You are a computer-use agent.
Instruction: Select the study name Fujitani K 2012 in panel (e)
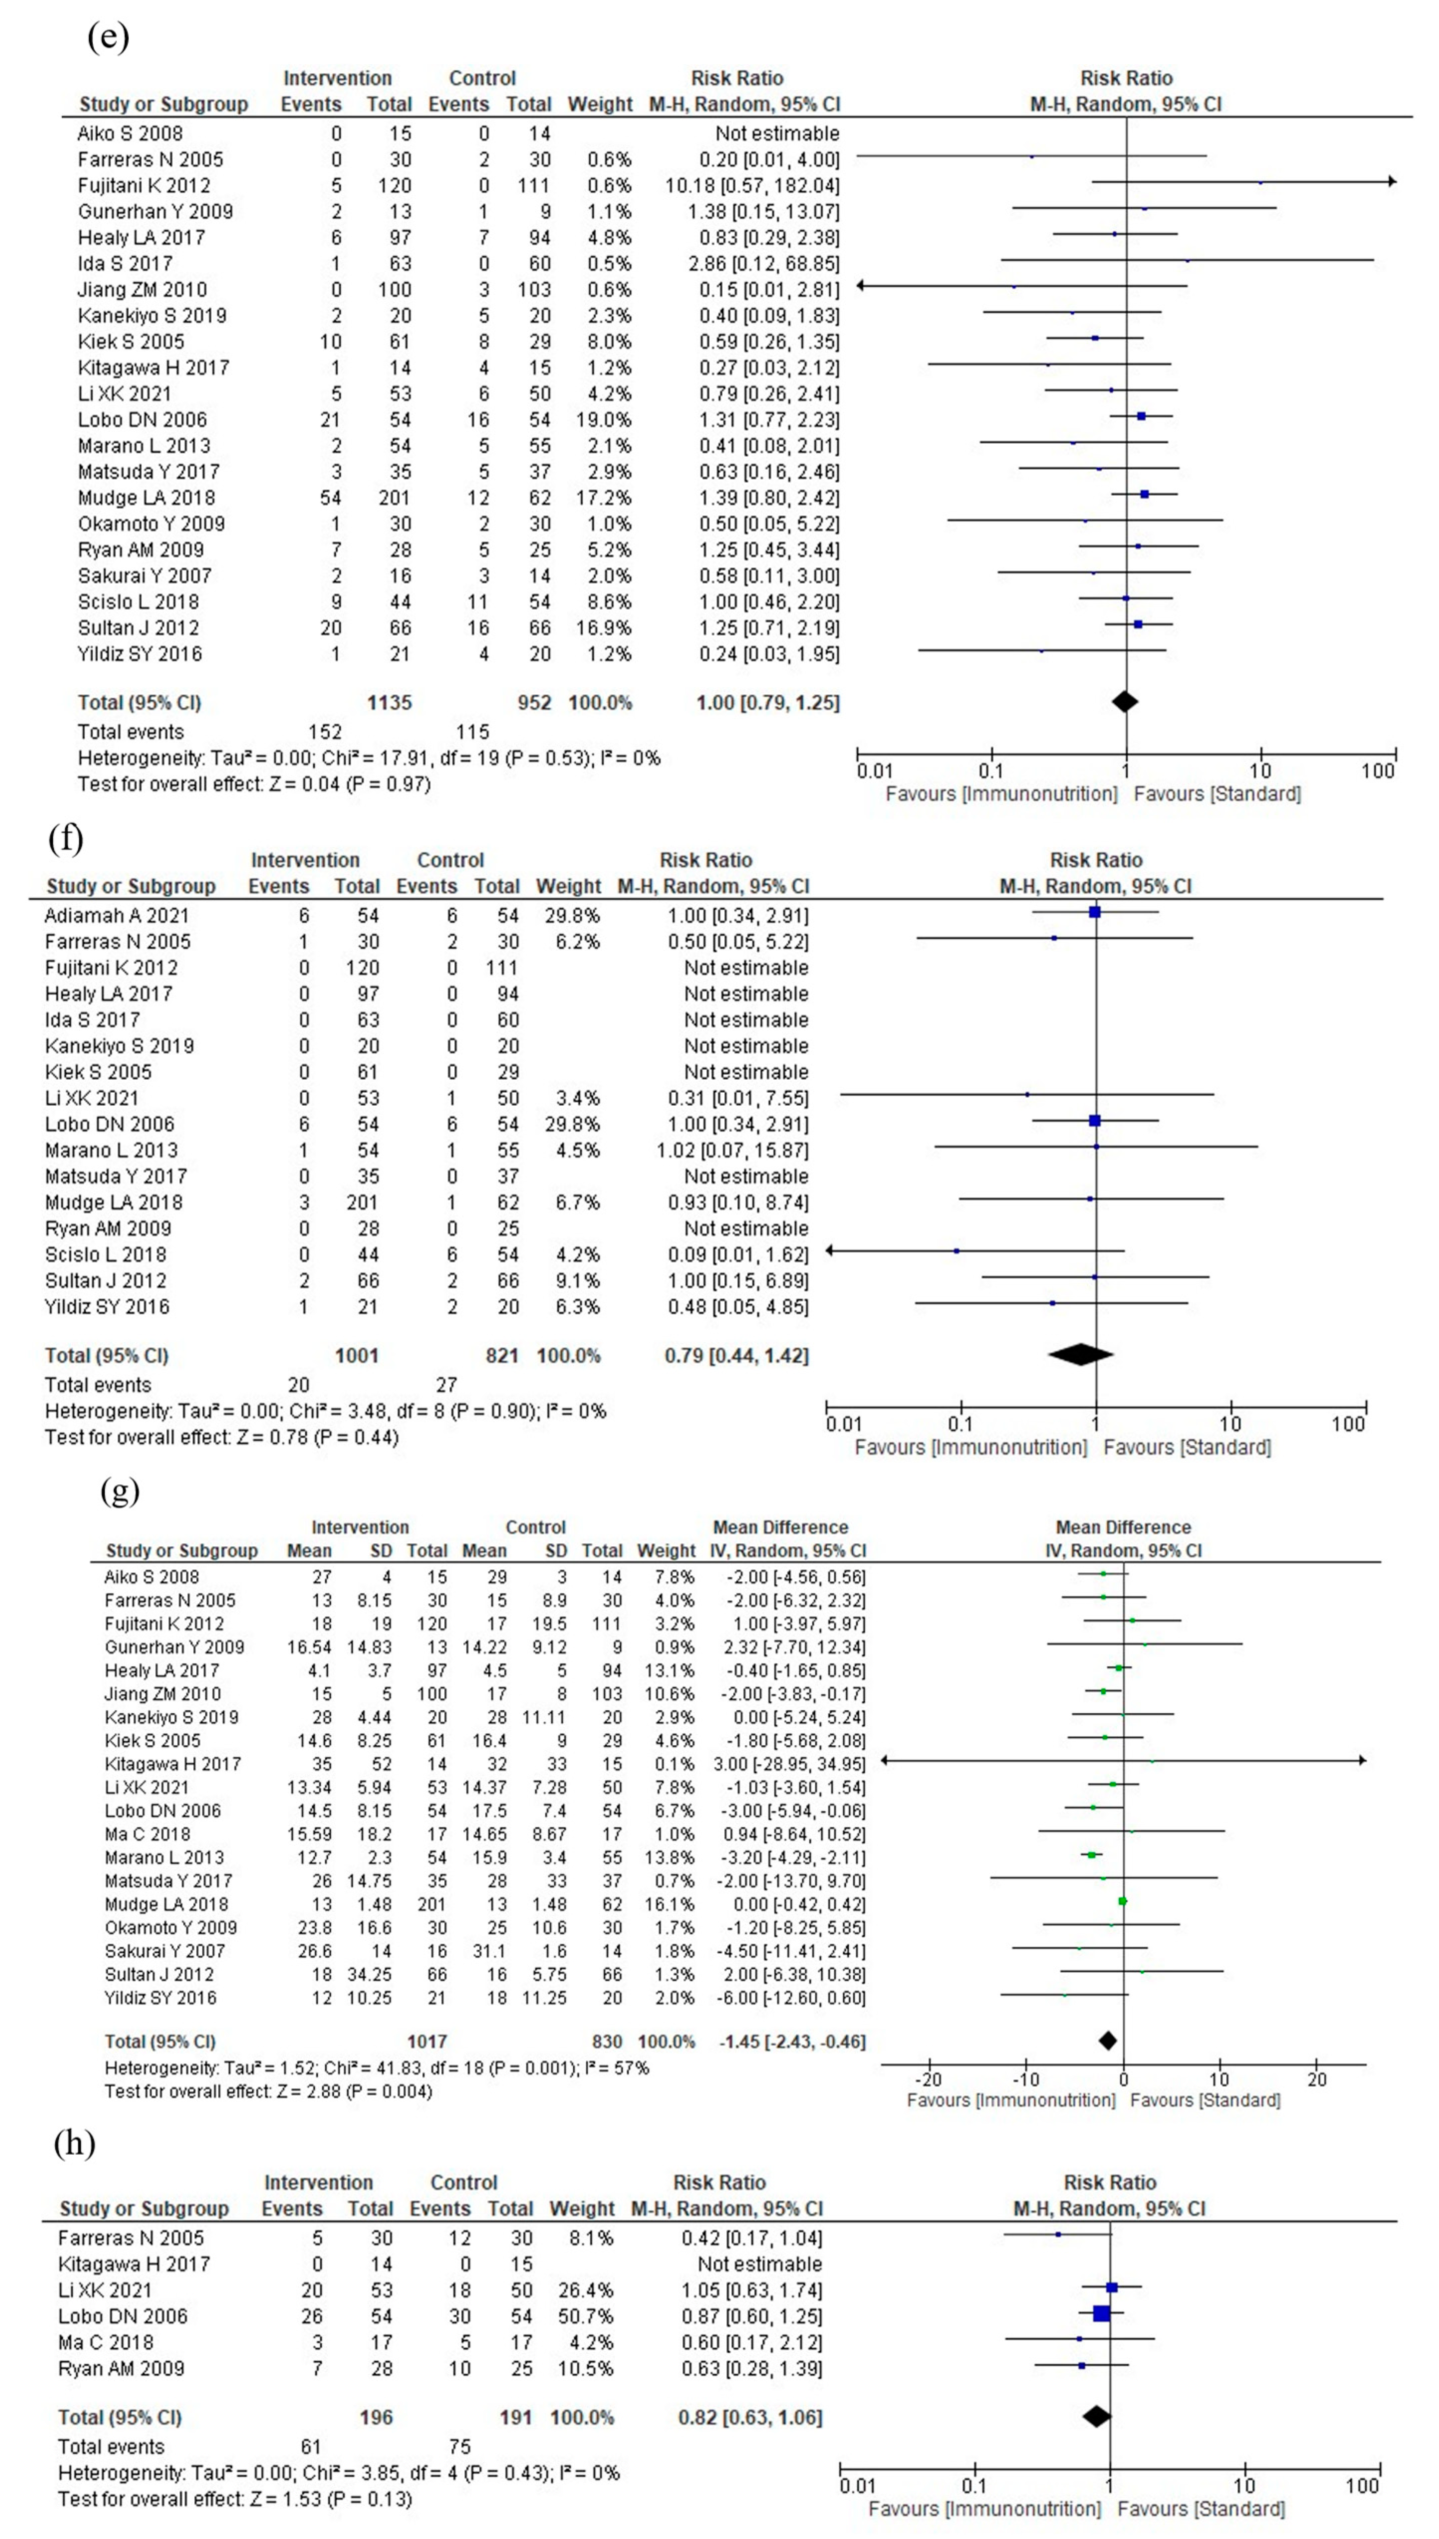(x=144, y=186)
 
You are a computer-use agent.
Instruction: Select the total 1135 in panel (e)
(x=388, y=703)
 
